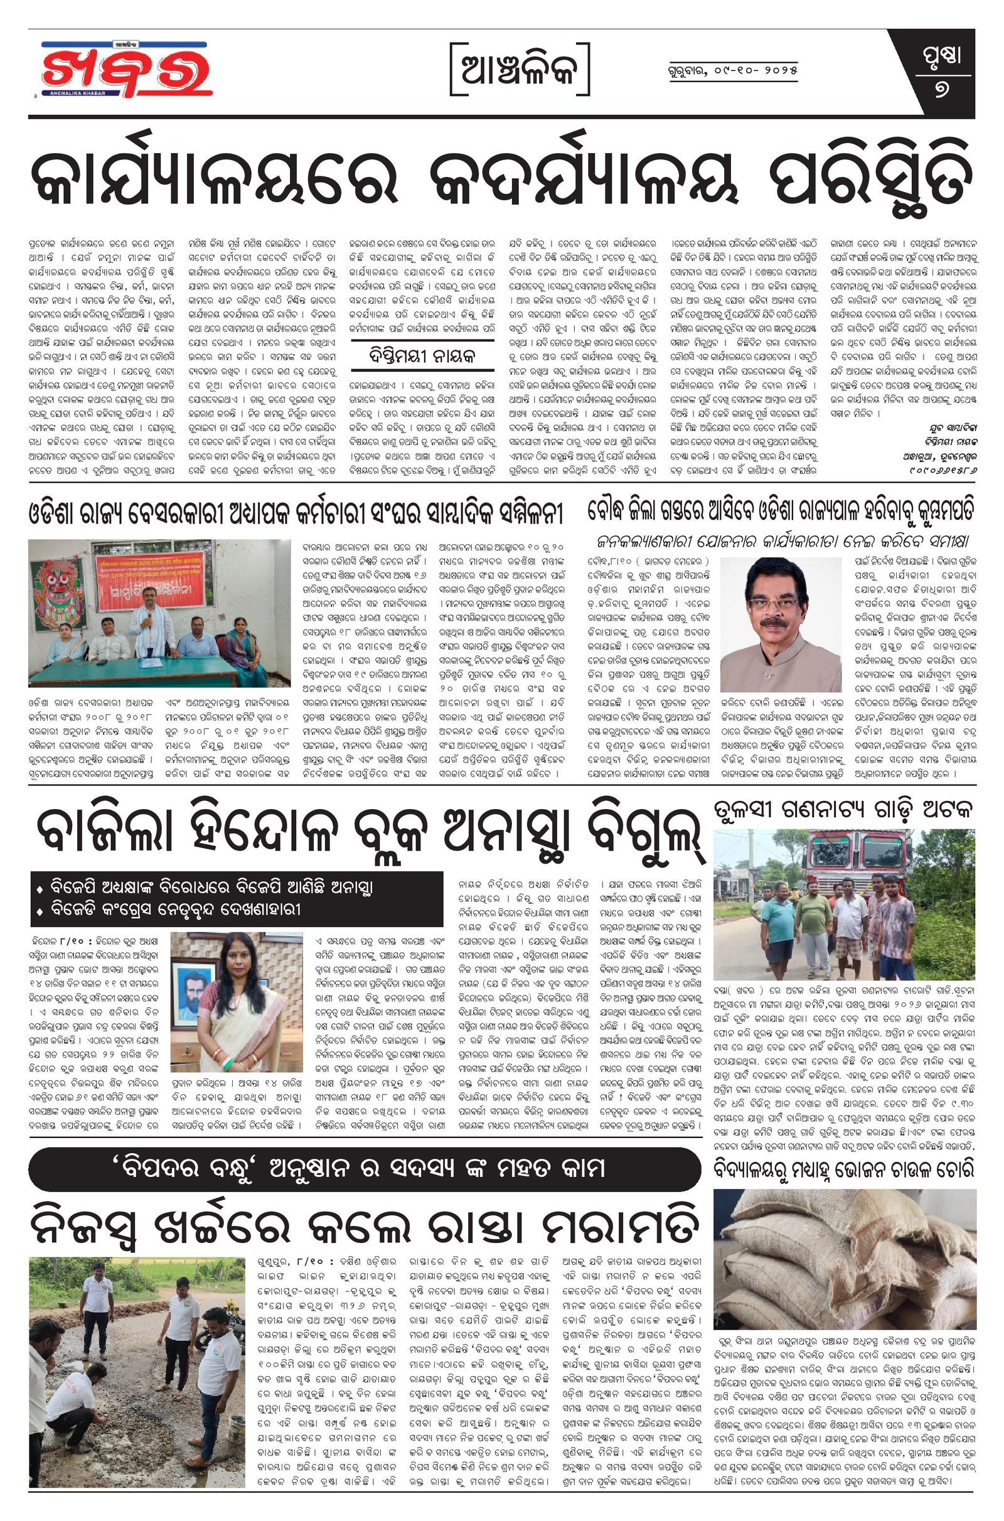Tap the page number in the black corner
pos(943,88)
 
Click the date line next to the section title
pos(729,70)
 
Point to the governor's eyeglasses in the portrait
pos(775,603)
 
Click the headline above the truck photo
pos(843,809)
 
